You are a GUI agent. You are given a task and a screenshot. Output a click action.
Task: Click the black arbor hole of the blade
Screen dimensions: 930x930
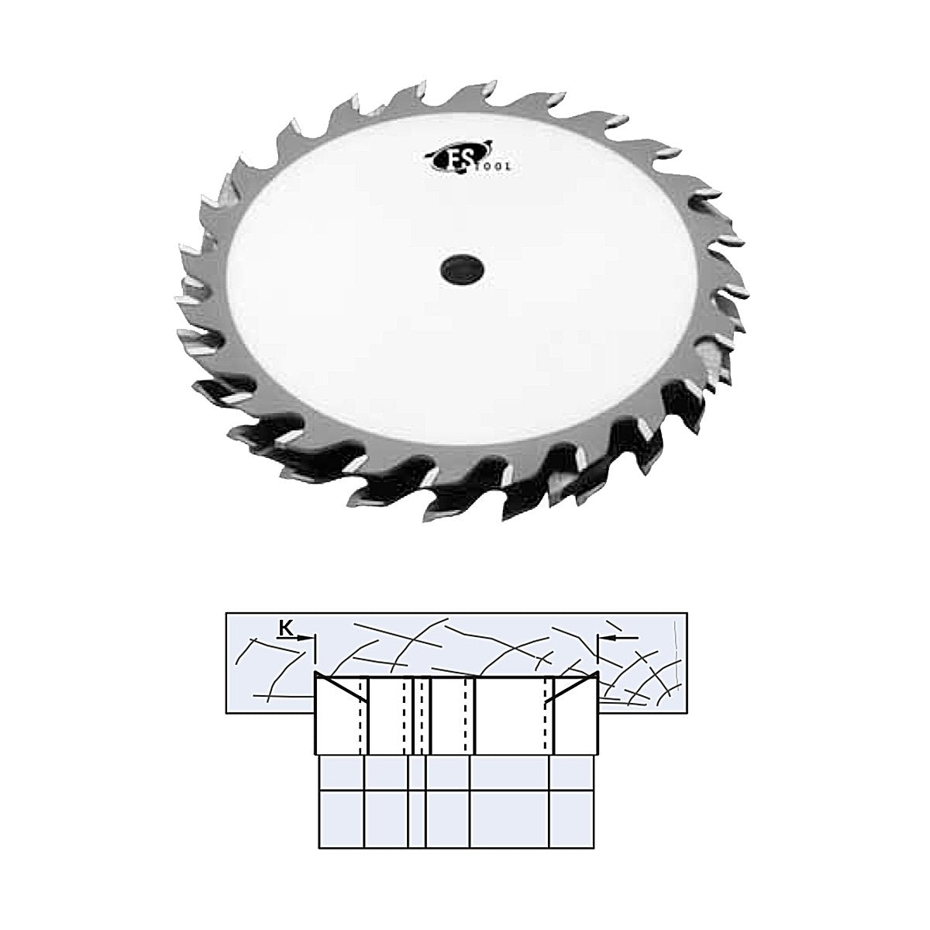click(460, 270)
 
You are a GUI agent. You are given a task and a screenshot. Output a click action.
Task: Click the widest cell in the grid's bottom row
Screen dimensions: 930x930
click(509, 819)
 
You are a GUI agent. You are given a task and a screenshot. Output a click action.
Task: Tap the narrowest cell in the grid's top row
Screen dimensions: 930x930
click(416, 773)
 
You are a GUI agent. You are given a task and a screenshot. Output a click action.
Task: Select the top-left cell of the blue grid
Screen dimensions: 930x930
click(342, 773)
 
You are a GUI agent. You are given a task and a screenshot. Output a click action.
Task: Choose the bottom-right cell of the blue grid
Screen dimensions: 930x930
click(571, 819)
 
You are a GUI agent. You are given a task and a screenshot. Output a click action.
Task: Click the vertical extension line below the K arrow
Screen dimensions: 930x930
click(316, 655)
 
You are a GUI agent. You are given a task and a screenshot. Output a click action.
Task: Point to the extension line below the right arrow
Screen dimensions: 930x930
click(598, 655)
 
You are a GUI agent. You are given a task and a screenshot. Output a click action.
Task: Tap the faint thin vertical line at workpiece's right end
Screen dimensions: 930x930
click(678, 659)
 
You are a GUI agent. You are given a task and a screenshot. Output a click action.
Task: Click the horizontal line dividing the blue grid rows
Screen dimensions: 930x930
click(457, 790)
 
